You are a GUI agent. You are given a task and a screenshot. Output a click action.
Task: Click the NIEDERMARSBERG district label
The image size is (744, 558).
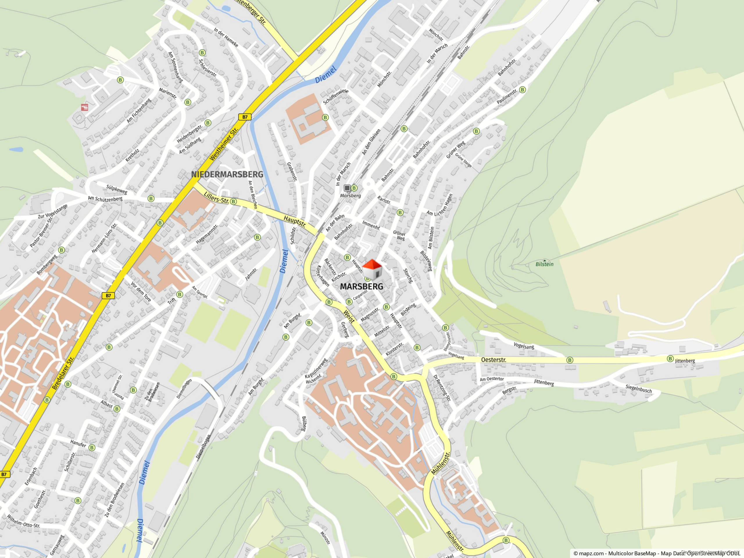pyautogui.click(x=227, y=174)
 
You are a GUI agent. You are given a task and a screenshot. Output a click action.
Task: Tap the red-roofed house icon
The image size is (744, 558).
pyautogui.click(x=372, y=269)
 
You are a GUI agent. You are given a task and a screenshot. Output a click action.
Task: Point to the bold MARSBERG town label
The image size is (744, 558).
pyautogui.click(x=361, y=286)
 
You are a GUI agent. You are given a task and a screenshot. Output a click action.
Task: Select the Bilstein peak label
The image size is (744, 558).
pyautogui.click(x=544, y=264)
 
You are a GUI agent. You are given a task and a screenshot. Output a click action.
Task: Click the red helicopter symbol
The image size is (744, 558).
pyautogui.click(x=84, y=107)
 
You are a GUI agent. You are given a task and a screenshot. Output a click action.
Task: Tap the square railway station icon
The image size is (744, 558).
pyautogui.click(x=347, y=188)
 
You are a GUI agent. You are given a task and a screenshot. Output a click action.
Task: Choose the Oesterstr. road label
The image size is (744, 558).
pyautogui.click(x=493, y=360)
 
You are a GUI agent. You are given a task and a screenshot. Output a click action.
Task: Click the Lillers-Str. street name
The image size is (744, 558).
pyautogui.click(x=216, y=198)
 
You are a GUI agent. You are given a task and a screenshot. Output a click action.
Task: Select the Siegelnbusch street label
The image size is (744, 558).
pyautogui.click(x=639, y=389)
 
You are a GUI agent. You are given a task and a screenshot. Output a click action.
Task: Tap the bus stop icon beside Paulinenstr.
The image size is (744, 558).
pyautogui.click(x=522, y=90)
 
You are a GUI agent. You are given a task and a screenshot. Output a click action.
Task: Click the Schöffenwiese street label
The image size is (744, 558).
pyautogui.click(x=336, y=96)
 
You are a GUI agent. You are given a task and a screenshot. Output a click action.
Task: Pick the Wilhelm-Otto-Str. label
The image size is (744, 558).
pyautogui.click(x=23, y=521)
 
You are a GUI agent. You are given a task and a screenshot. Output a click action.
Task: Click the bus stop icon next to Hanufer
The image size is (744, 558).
pyautogui.click(x=92, y=448)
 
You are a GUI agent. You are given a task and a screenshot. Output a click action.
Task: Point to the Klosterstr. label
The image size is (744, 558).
pyautogui.click(x=394, y=349)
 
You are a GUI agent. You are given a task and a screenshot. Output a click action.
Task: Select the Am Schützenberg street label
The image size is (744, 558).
pyautogui.click(x=105, y=199)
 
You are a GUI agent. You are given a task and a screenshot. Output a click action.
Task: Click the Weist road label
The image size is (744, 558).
pyautogui.click(x=349, y=316)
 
